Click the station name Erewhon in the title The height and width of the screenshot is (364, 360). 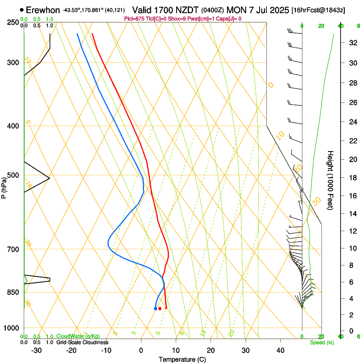coord(43,10)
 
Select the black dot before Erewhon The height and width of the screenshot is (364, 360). coord(22,10)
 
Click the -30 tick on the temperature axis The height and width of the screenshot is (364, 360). coord(37,350)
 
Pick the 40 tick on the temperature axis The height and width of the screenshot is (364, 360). coord(280,350)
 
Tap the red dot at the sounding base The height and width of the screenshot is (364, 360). coord(160,309)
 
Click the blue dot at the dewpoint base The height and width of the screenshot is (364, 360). coord(155,309)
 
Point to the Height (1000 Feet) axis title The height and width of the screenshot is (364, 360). coord(330,180)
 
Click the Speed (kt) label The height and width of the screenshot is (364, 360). coord(322,342)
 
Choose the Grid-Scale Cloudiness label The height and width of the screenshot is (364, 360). coord(82,342)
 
